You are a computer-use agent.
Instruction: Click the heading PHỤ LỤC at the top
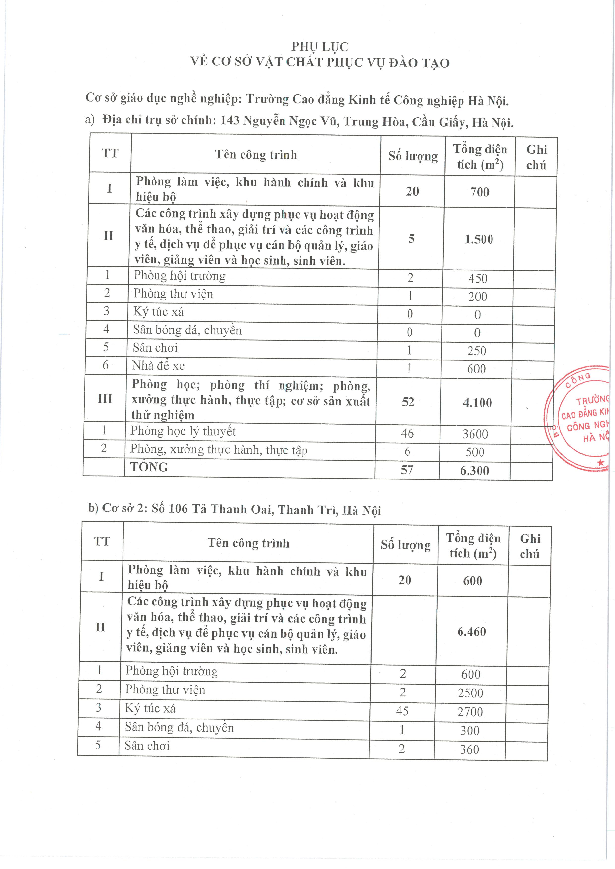coord(320,47)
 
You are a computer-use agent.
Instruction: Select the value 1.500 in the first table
coord(479,239)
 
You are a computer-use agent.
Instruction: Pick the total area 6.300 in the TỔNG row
coord(475,471)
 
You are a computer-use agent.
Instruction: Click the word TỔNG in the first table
coord(149,467)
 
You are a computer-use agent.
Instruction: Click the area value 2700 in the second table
coord(470,712)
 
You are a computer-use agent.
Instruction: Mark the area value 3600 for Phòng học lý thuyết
coord(475,434)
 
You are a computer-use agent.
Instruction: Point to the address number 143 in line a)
coord(230,120)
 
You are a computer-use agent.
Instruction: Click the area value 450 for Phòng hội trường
coord(478,279)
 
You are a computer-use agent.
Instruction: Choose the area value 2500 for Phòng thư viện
coord(470,693)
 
